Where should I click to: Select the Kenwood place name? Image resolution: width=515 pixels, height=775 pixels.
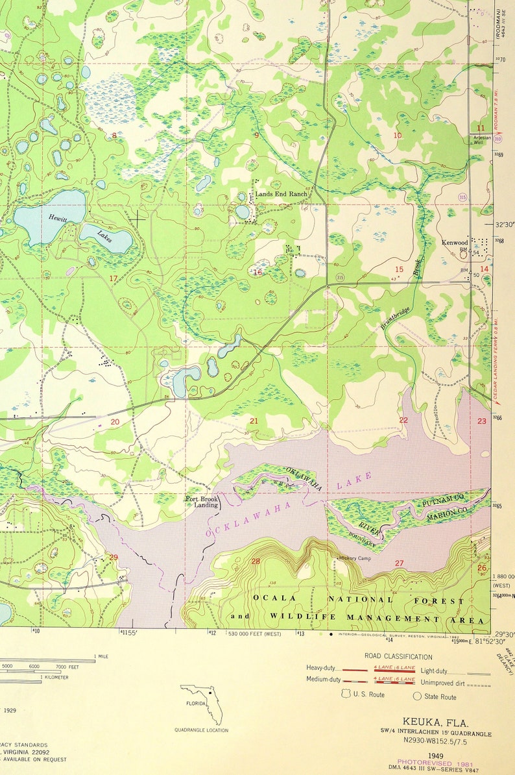tap(455, 243)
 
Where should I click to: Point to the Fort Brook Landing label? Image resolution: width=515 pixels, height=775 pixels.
tap(201, 502)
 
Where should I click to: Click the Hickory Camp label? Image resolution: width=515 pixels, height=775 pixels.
tap(354, 558)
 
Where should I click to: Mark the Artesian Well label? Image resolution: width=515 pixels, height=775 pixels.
tap(482, 139)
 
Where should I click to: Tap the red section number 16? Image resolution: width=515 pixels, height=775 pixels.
tap(257, 273)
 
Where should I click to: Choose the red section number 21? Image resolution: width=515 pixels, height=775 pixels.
tap(254, 421)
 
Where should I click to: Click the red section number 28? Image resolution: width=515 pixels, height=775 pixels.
tap(256, 561)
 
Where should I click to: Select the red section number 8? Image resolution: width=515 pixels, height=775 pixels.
tap(114, 135)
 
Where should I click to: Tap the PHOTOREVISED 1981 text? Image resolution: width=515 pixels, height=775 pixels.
tap(431, 763)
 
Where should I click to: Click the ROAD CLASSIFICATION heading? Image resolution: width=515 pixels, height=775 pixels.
tap(398, 657)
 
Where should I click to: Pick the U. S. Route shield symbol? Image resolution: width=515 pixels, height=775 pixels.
tap(346, 695)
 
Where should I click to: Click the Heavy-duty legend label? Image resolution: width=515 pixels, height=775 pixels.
tap(323, 667)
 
